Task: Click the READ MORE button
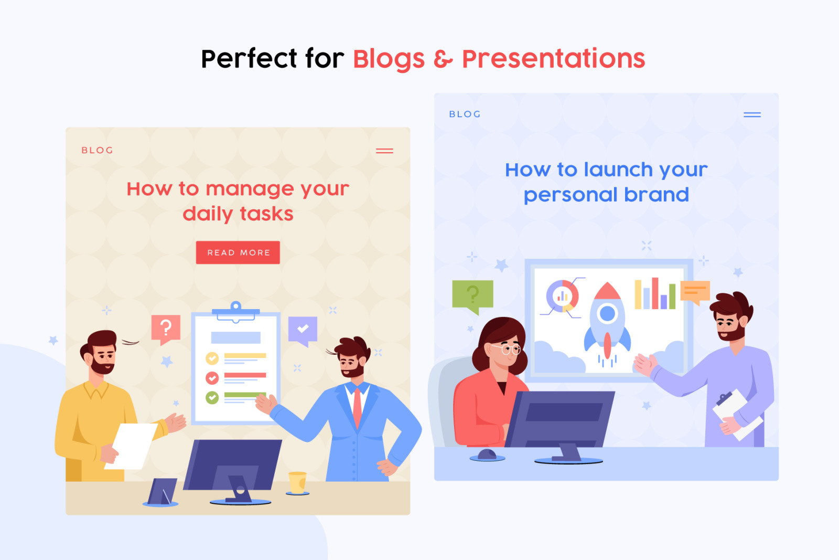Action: [x=238, y=252]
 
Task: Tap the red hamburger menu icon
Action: [x=384, y=151]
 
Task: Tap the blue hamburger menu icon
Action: [x=752, y=115]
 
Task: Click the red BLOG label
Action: [x=98, y=150]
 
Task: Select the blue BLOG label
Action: [x=465, y=114]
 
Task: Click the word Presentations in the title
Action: [x=553, y=58]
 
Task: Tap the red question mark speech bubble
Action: [x=166, y=329]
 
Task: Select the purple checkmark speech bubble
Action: [x=303, y=330]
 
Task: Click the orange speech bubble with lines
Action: [x=695, y=292]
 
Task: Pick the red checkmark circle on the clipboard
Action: [x=212, y=377]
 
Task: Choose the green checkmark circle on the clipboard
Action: [x=212, y=397]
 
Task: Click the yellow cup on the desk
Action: [x=297, y=482]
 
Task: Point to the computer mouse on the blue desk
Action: [x=487, y=455]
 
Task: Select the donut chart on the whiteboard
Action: [x=562, y=296]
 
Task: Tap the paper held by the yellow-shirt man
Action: [x=132, y=446]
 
